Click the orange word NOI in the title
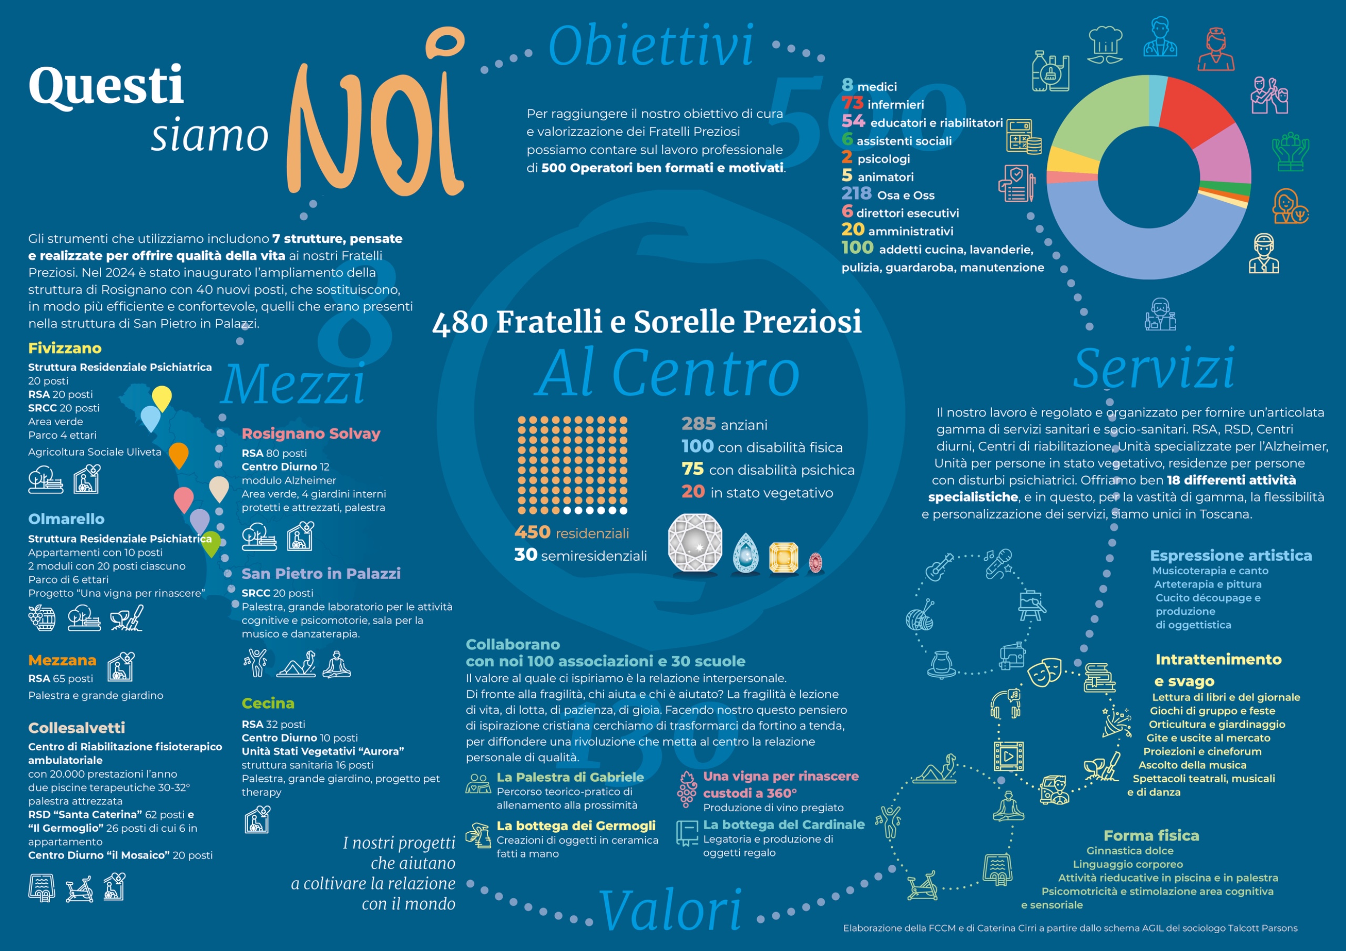[375, 114]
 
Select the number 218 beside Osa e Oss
[856, 193]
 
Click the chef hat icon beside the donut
[1105, 44]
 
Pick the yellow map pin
[162, 398]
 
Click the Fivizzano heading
[65, 348]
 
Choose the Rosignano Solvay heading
[311, 433]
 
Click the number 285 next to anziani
[698, 423]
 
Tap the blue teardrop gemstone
[745, 553]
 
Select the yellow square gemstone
[784, 557]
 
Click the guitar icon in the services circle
[939, 566]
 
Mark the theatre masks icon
[1045, 671]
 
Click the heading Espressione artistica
[1230, 555]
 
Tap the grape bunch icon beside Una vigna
[687, 789]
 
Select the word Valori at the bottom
[670, 910]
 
